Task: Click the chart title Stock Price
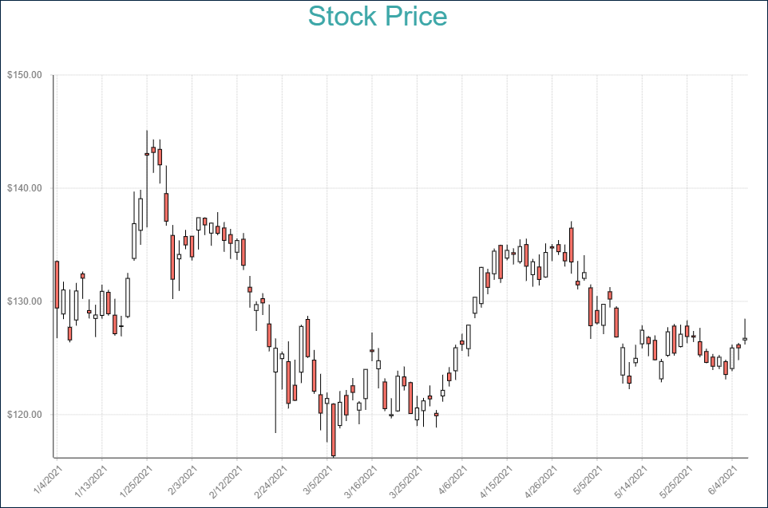(x=378, y=17)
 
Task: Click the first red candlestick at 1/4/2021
(x=57, y=285)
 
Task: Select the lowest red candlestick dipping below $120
(x=334, y=430)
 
